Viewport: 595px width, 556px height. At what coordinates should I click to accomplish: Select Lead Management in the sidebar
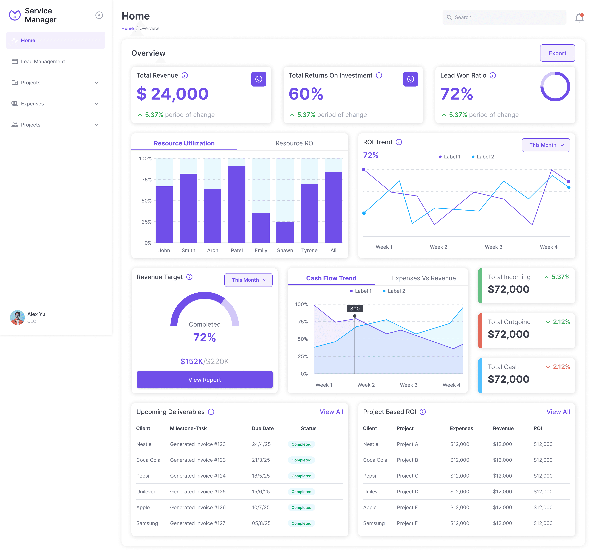click(43, 61)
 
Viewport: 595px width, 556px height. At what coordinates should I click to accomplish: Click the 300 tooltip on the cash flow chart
click(355, 308)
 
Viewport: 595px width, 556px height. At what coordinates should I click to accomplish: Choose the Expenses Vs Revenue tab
click(423, 278)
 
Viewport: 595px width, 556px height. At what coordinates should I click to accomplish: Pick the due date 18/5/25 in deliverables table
click(261, 476)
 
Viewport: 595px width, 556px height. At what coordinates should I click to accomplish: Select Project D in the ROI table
click(407, 492)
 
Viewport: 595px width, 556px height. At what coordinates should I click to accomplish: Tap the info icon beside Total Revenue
click(185, 76)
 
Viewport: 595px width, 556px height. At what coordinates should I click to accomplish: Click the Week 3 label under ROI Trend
click(493, 247)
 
